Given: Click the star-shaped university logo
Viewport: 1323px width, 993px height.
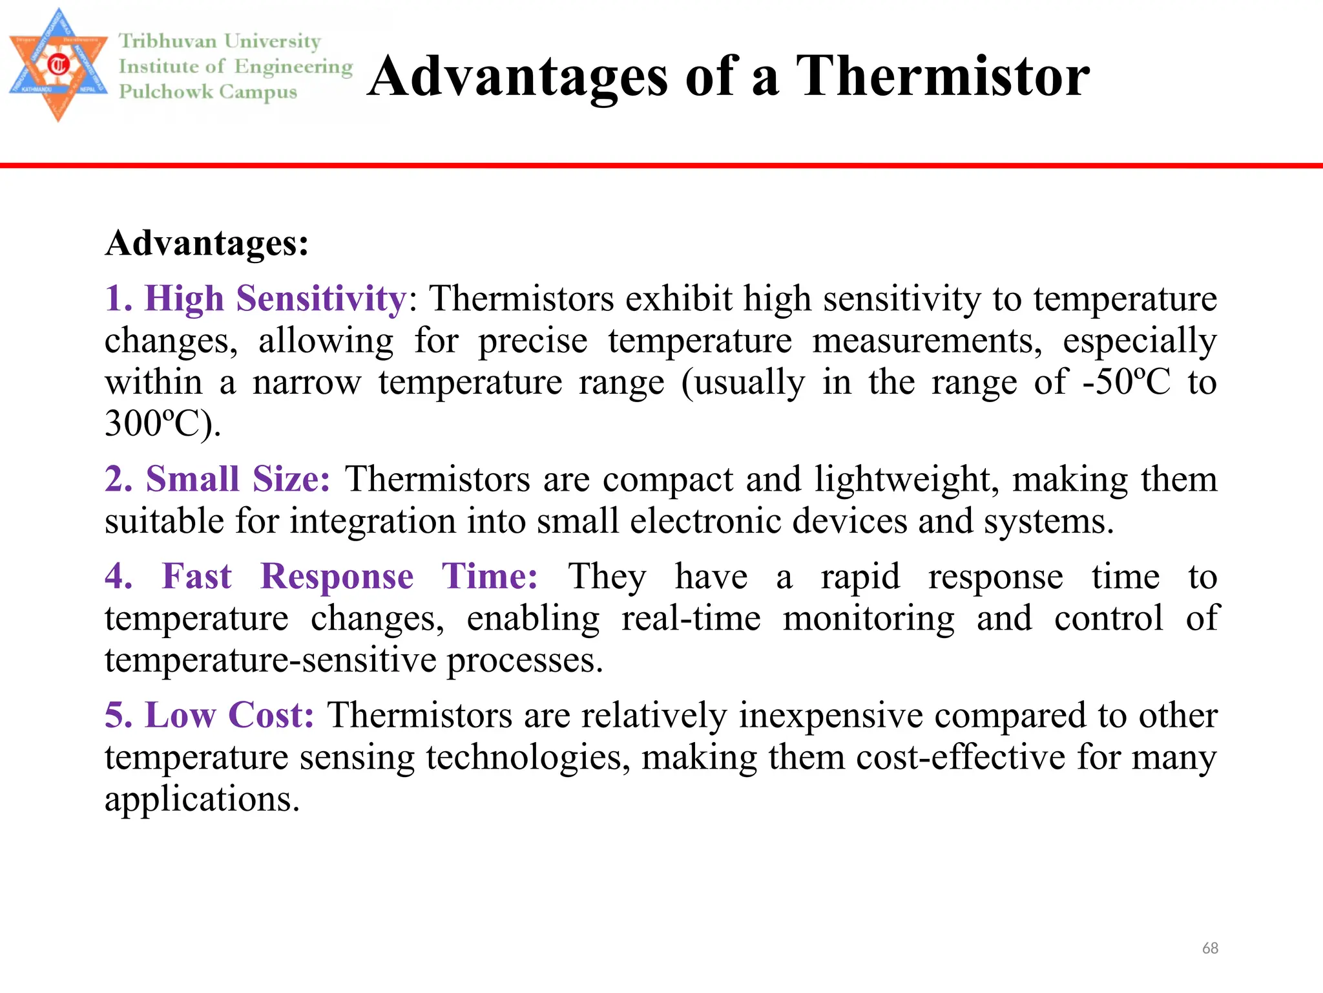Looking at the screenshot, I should pyautogui.click(x=58, y=65).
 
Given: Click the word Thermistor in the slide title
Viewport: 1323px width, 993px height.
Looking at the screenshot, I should pyautogui.click(x=943, y=76).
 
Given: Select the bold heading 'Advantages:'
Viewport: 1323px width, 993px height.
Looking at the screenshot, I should pyautogui.click(x=207, y=244).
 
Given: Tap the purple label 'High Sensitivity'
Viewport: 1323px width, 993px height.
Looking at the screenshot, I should pyautogui.click(x=275, y=299).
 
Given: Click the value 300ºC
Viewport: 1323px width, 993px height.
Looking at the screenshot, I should pyautogui.click(x=161, y=424).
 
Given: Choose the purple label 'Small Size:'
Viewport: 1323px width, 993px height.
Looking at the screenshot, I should pyautogui.click(x=237, y=480).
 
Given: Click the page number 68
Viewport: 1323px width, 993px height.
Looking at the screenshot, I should pyautogui.click(x=1210, y=948).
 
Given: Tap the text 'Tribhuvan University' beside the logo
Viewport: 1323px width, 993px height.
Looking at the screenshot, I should pyautogui.click(x=220, y=41).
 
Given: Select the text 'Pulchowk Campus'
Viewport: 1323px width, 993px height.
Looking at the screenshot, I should pyautogui.click(x=208, y=92).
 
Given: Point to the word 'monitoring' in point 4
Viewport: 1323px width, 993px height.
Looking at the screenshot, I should pyautogui.click(x=868, y=619).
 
